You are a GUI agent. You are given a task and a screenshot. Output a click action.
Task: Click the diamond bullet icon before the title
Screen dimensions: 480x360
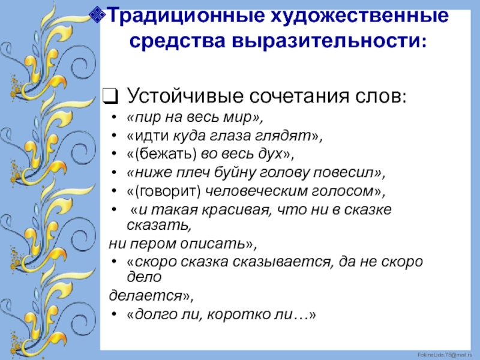tap(97, 14)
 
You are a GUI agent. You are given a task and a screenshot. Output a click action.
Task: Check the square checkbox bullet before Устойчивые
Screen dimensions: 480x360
tap(110, 96)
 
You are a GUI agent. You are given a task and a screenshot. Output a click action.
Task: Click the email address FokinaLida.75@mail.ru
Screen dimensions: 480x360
tap(445, 355)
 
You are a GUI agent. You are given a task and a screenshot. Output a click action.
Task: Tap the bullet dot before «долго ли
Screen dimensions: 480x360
tap(114, 314)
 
